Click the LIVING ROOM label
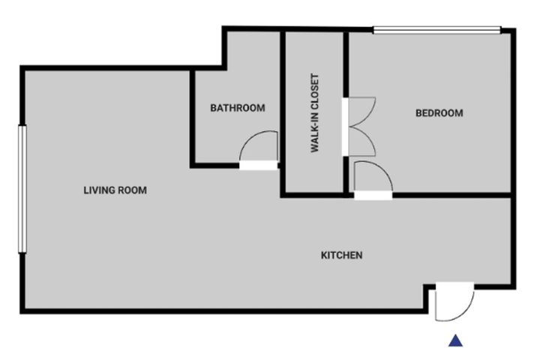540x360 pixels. pyautogui.click(x=115, y=190)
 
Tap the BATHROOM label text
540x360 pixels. pyautogui.click(x=238, y=108)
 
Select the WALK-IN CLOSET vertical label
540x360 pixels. pyautogui.click(x=315, y=112)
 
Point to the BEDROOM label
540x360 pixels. pyautogui.click(x=439, y=113)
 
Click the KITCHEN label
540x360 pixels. pyautogui.click(x=342, y=255)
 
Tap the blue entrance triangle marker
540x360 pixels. pyautogui.click(x=456, y=340)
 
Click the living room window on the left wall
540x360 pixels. pyautogui.click(x=22, y=189)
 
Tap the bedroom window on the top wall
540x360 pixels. pyautogui.click(x=437, y=30)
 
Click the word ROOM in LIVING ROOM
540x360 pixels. pyautogui.click(x=132, y=190)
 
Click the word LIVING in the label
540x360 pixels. pyautogui.click(x=99, y=190)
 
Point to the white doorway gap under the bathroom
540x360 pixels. pyautogui.click(x=258, y=166)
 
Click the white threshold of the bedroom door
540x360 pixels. pyautogui.click(x=373, y=196)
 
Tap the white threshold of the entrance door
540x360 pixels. pyautogui.click(x=455, y=286)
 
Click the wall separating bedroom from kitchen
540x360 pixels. pyautogui.click(x=451, y=195)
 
